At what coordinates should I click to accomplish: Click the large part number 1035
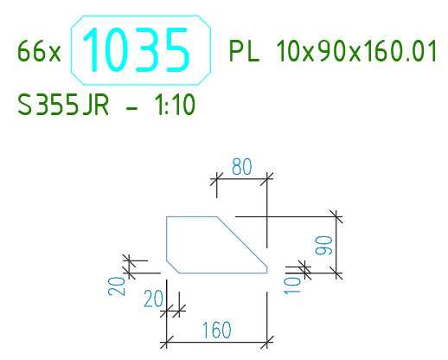click(x=136, y=49)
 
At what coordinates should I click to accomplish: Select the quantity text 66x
click(x=39, y=51)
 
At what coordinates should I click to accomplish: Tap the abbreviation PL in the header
click(x=244, y=51)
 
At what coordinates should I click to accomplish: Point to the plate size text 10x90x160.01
click(x=356, y=51)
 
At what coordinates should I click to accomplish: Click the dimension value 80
click(x=241, y=166)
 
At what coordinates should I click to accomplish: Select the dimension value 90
click(x=323, y=246)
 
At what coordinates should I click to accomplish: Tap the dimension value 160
click(x=217, y=330)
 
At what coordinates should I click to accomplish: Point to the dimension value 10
click(x=292, y=286)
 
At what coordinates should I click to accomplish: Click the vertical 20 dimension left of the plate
click(x=117, y=286)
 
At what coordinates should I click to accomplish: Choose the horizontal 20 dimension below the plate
click(x=153, y=299)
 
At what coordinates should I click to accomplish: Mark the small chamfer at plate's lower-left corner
click(x=173, y=267)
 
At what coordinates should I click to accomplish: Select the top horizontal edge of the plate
click(x=191, y=216)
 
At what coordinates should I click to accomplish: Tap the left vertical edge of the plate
click(x=167, y=239)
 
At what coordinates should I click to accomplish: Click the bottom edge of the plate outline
click(x=223, y=273)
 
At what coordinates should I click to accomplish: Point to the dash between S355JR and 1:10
click(x=132, y=108)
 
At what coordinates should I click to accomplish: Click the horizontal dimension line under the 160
click(x=217, y=343)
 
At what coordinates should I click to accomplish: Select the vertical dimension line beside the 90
click(x=336, y=245)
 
